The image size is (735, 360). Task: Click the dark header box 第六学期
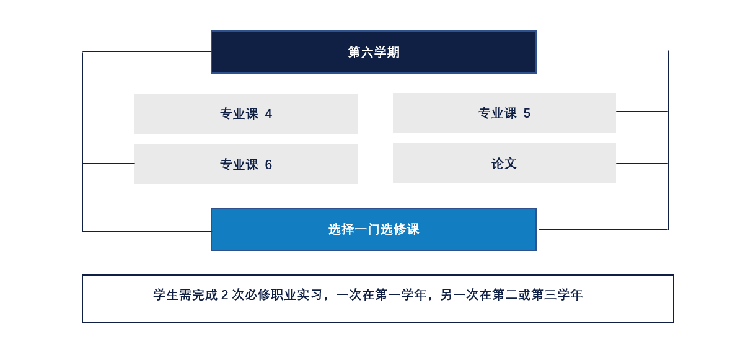coord(374,52)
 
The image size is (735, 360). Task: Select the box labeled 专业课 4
coord(246,114)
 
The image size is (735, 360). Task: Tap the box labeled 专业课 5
coord(504,113)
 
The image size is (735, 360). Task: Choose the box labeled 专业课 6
coord(246,164)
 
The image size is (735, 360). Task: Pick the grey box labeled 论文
coord(504,163)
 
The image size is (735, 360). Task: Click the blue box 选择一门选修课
coord(374,229)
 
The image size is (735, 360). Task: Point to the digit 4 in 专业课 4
coord(268,115)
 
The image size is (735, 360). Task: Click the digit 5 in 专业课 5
coord(527,113)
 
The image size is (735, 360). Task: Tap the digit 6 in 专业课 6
coord(268,165)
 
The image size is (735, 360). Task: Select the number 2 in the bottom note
coord(224,295)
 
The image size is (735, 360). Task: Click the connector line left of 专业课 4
coord(108,113)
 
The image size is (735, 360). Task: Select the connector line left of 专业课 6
coord(108,163)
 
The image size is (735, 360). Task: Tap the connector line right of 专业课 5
coord(642,111)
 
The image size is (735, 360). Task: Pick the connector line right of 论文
coord(642,163)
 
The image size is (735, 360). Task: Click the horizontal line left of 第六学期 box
coord(147,51)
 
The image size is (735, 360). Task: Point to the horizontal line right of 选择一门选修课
coord(603,229)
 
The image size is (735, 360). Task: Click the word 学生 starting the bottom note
coord(167,295)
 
